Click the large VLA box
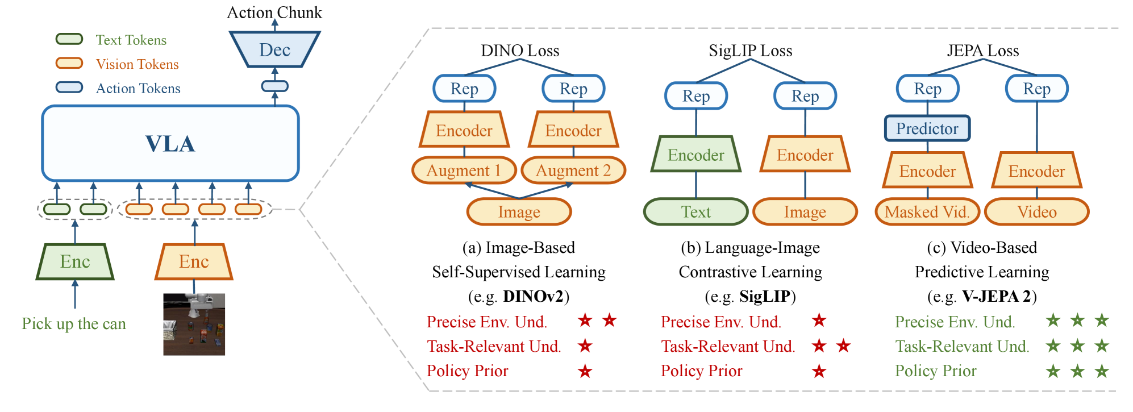tap(170, 143)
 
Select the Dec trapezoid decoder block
tap(275, 49)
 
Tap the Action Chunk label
tap(274, 13)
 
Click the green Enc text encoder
tap(75, 261)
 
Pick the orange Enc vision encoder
tap(194, 261)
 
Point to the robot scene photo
tap(194, 324)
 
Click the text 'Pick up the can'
tap(74, 324)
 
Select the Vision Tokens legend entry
tap(137, 64)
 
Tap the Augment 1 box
tap(464, 170)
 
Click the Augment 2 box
tap(573, 170)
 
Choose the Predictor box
tap(927, 128)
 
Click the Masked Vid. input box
tap(927, 212)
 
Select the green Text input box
tap(696, 212)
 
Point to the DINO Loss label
tap(520, 51)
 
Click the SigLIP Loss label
tap(750, 51)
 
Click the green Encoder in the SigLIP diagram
tap(696, 155)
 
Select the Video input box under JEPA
tap(1036, 212)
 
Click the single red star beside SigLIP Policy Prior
tap(819, 371)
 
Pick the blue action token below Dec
tap(275, 86)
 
